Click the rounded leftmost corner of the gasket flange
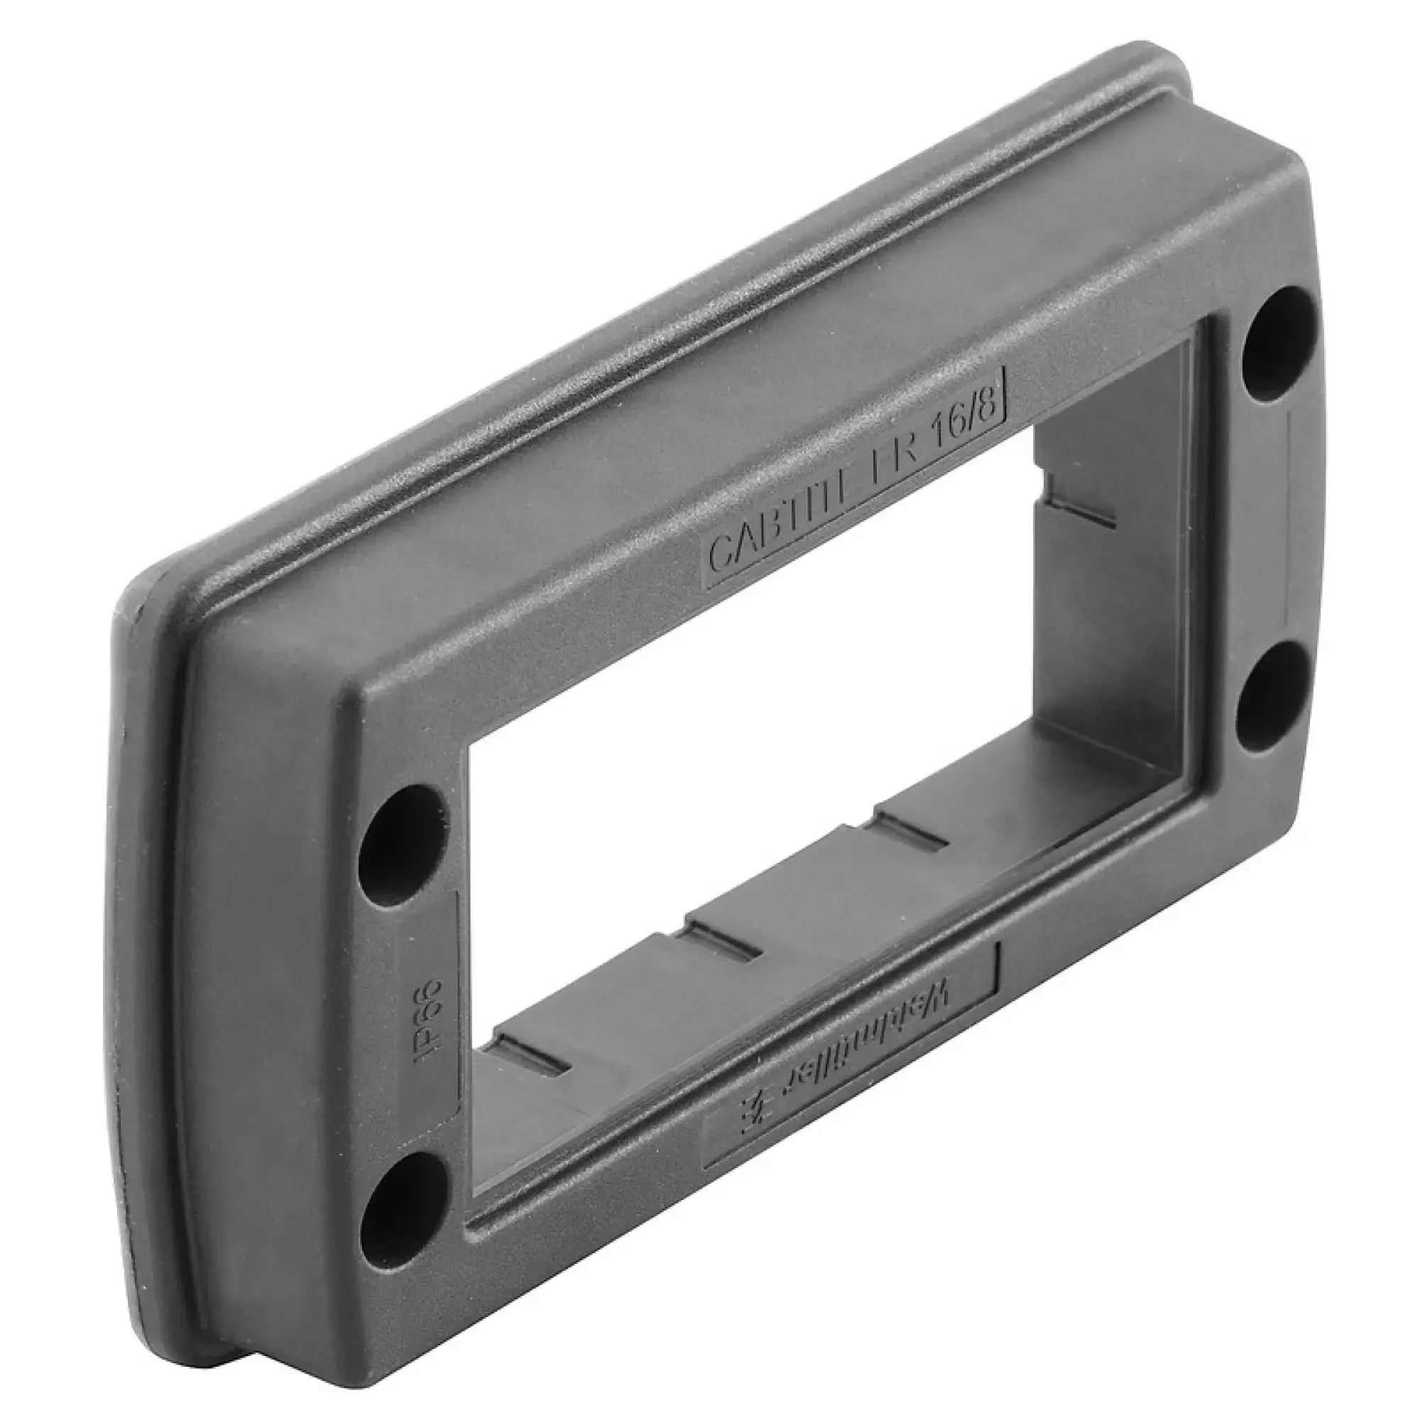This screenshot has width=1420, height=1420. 125,632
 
